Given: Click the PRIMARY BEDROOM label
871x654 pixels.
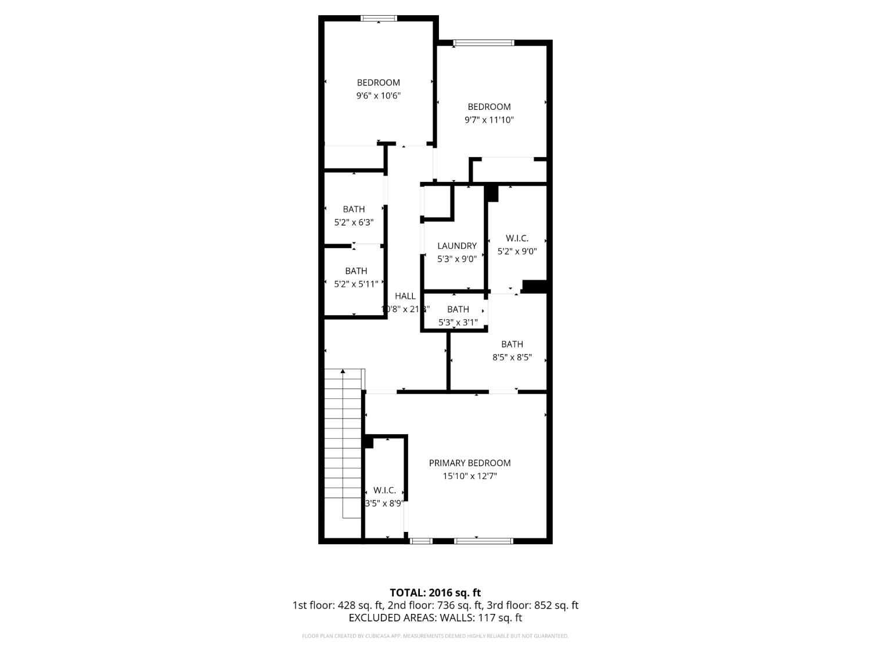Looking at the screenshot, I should point(470,463).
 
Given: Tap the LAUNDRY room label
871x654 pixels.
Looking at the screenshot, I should point(457,246).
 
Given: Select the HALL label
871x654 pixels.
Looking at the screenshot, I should point(405,296).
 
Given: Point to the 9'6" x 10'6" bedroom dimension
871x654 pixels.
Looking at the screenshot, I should point(379,96).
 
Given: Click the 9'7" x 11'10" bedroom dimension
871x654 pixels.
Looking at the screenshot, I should point(489,120).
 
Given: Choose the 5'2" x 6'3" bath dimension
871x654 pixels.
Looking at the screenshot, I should point(354,222).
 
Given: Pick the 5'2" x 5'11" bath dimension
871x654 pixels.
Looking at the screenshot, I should point(356,284).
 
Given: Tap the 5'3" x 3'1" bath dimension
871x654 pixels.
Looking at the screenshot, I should point(458,322).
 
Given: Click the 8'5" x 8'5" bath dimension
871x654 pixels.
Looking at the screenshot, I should point(512,358).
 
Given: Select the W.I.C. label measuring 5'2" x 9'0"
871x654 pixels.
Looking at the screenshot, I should point(517,238).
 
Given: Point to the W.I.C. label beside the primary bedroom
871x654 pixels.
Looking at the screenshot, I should point(384,490).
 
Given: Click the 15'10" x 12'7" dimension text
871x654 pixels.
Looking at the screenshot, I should point(470,476).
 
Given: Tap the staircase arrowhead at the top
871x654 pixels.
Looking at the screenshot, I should point(343,370).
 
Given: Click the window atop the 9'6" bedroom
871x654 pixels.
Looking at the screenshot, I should point(379,18).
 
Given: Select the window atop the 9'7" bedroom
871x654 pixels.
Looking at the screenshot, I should point(484,42).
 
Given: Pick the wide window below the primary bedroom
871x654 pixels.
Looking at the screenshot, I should point(484,541).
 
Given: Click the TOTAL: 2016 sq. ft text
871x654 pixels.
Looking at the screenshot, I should point(435,593).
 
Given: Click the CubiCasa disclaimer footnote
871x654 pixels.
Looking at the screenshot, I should point(435,636).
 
